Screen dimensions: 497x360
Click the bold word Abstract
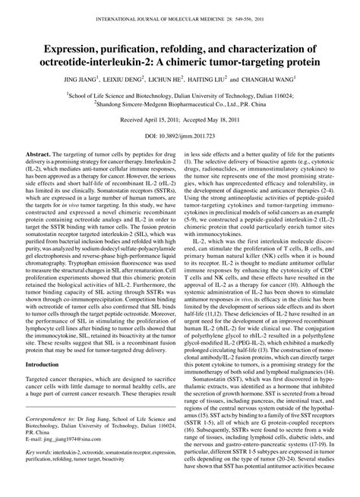(38, 173)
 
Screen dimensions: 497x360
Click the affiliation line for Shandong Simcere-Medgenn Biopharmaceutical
(180, 105)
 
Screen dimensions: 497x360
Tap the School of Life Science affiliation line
(180, 96)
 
